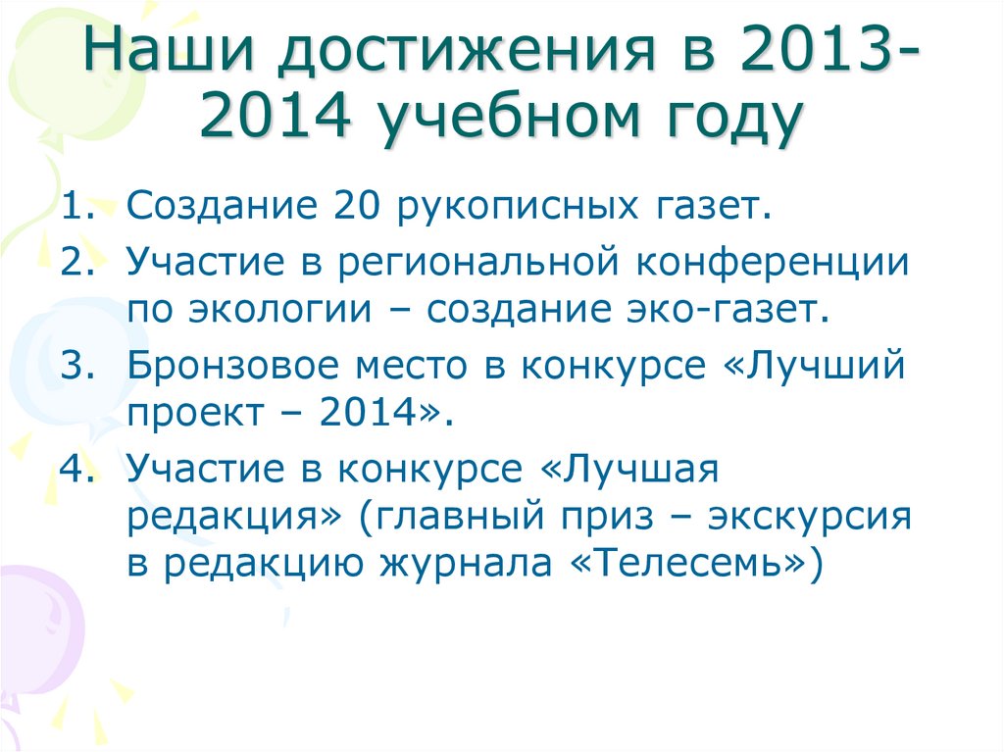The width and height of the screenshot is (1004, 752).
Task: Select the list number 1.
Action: (x=74, y=207)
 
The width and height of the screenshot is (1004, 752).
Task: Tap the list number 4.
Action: (x=75, y=469)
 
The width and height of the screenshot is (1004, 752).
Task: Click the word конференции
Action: (x=775, y=262)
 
